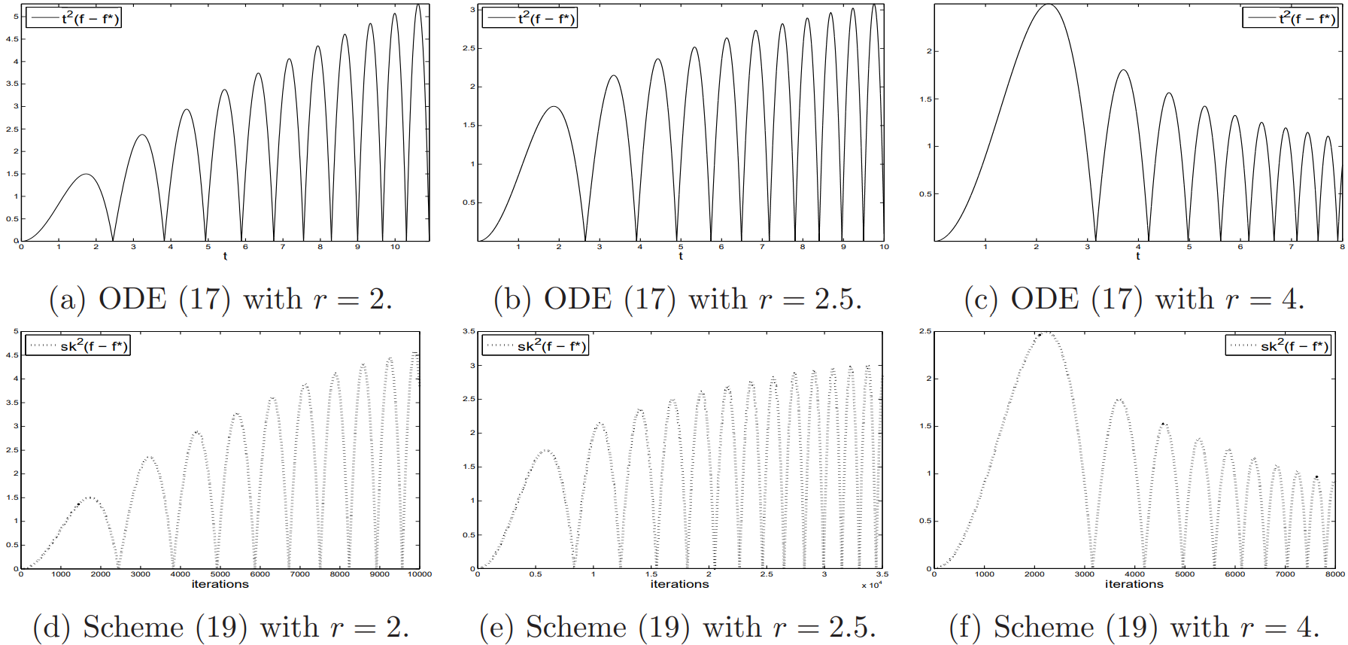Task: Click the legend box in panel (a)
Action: (x=74, y=18)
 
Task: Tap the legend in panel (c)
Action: (x=1289, y=18)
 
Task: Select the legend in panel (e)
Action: (x=535, y=345)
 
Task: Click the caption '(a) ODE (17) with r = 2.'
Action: (x=220, y=300)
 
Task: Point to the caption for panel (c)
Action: (x=1134, y=300)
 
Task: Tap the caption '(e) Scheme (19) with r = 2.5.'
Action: (x=678, y=627)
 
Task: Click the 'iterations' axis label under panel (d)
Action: (x=220, y=584)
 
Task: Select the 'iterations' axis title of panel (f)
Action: (x=1134, y=584)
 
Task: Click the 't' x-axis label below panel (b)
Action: (x=681, y=256)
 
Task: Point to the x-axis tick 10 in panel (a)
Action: (x=395, y=247)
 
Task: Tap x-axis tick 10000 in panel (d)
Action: (x=420, y=574)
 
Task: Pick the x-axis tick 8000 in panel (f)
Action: (x=1334, y=574)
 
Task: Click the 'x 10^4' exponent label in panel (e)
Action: (x=872, y=585)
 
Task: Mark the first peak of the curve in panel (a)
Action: (x=87, y=175)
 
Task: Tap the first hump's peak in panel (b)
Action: (x=554, y=107)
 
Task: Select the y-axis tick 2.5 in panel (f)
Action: (x=924, y=331)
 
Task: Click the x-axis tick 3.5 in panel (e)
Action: (x=882, y=574)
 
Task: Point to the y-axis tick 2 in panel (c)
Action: (x=929, y=51)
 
